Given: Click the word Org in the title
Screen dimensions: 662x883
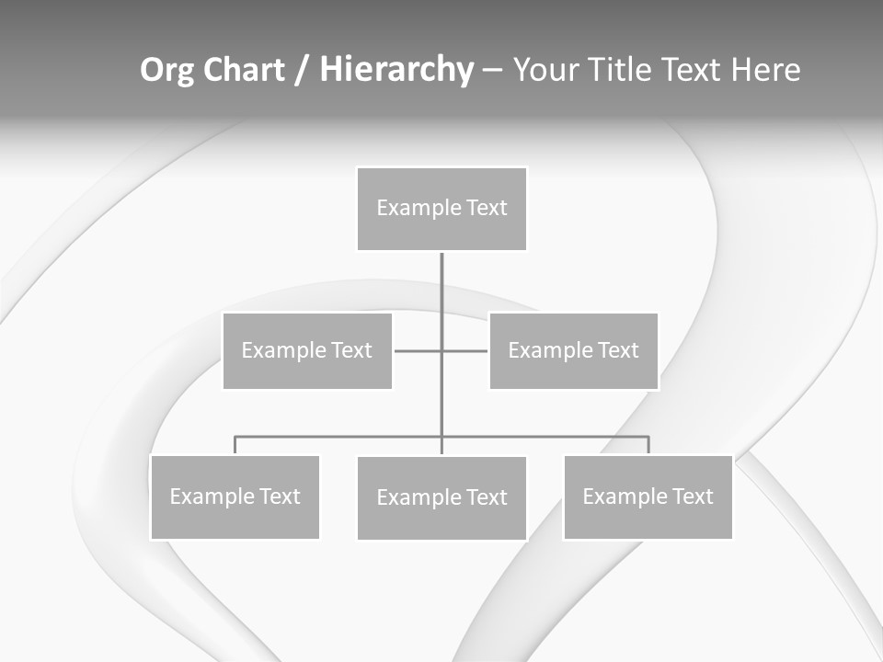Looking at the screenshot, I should point(166,70).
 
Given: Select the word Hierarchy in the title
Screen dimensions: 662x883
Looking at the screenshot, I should point(396,70).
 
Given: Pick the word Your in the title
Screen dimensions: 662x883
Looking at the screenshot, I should point(545,70).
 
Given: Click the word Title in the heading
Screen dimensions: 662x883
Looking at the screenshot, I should point(619,70).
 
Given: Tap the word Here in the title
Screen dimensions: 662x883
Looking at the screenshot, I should point(765,70).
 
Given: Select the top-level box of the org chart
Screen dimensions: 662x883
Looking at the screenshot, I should point(441,209).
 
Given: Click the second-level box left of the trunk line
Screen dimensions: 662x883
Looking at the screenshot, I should point(307,350).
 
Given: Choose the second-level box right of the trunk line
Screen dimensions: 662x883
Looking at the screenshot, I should point(574,350).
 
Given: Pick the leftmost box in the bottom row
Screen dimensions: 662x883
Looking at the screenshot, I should point(235,496).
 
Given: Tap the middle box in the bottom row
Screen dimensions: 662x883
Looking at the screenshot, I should point(441,497).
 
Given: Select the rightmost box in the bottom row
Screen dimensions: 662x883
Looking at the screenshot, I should point(648,496).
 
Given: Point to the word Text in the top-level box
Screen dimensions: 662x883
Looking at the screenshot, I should point(487,208).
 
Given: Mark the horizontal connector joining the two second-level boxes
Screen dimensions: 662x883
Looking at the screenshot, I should point(419,350).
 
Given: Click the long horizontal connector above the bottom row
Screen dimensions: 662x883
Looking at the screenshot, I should point(340,437).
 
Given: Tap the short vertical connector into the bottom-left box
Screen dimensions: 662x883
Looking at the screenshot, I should point(235,446).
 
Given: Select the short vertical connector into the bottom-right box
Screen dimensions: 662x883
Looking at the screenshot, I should point(648,446).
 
